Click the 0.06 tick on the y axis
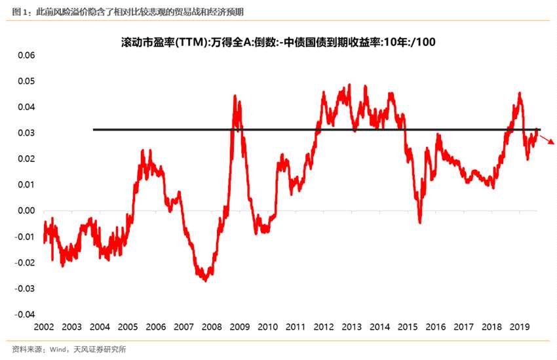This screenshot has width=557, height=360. pos(24,55)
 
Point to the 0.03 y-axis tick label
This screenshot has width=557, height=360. pos(24,133)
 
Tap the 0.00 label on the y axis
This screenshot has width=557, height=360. pos(24,210)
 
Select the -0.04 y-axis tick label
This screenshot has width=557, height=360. pos(23,314)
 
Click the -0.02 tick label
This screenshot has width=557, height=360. pos(23,262)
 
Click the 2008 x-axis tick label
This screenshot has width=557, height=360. pos(212,327)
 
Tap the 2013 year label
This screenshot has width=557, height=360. pos(352,327)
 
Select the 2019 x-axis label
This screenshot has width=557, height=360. pos(520,327)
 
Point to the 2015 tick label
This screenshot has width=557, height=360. pos(408,327)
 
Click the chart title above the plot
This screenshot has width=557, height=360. pos(278,41)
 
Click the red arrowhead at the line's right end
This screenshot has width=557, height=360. pos(552,142)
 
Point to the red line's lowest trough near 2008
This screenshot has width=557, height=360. pos(205,280)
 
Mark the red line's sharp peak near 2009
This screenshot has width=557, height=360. pos(235,96)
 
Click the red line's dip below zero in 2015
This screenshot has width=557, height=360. pos(420,222)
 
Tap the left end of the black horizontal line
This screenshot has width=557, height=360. pos(94,129)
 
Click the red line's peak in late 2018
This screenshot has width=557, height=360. pos(520,94)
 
